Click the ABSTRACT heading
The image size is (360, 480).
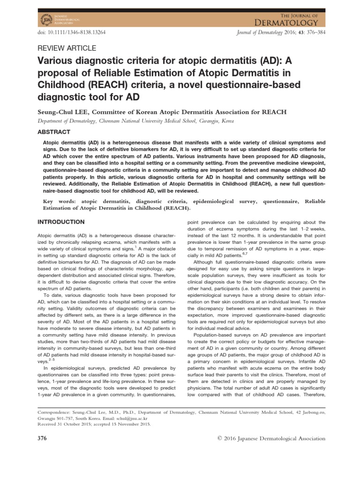tap(53, 132)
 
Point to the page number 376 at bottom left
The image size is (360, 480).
tap(42, 438)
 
